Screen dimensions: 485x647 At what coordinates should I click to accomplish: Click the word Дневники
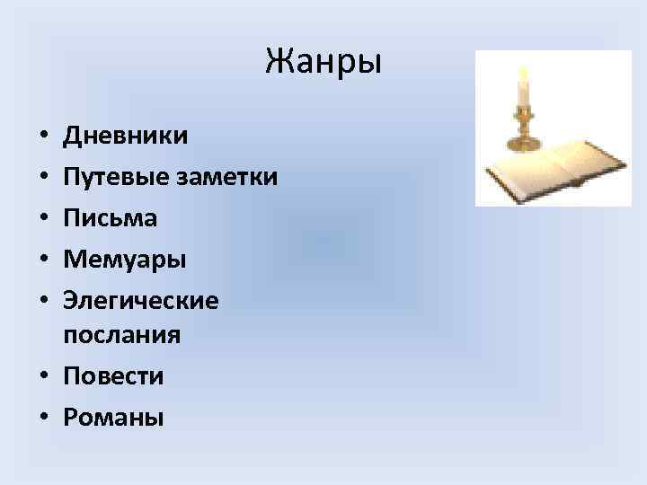pyautogui.click(x=126, y=136)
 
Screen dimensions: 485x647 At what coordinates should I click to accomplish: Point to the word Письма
pyautogui.click(x=110, y=218)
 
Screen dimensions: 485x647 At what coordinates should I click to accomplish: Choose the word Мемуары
pyautogui.click(x=125, y=260)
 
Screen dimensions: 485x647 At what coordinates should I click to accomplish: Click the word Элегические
pyautogui.click(x=141, y=301)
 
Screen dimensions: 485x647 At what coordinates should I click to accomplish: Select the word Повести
pyautogui.click(x=113, y=376)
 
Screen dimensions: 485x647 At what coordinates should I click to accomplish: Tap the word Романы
pyautogui.click(x=113, y=418)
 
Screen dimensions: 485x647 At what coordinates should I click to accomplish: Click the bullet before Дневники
pyautogui.click(x=43, y=137)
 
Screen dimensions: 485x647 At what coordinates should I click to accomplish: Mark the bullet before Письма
pyautogui.click(x=43, y=219)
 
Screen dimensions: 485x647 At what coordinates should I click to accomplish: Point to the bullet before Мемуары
pyautogui.click(x=43, y=260)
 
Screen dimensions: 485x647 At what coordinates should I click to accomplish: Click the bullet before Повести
pyautogui.click(x=43, y=377)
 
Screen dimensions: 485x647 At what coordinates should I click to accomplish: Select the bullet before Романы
pyautogui.click(x=43, y=419)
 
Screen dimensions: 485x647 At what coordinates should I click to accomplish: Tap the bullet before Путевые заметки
pyautogui.click(x=43, y=178)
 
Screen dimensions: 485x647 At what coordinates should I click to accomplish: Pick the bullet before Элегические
pyautogui.click(x=43, y=302)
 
